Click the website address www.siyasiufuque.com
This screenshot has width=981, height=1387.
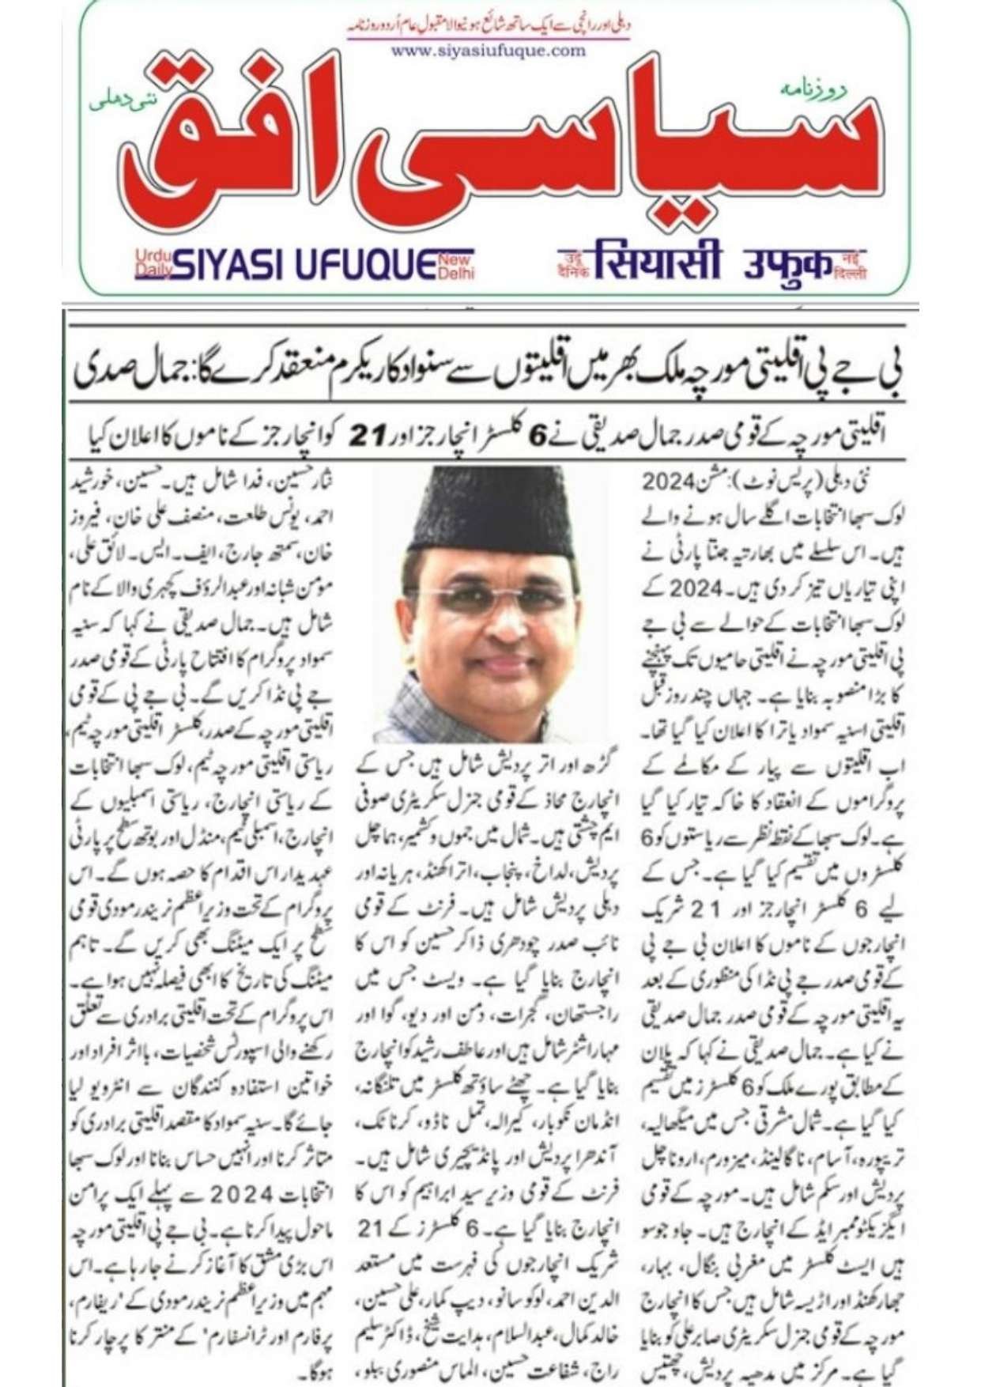pyautogui.click(x=489, y=51)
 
